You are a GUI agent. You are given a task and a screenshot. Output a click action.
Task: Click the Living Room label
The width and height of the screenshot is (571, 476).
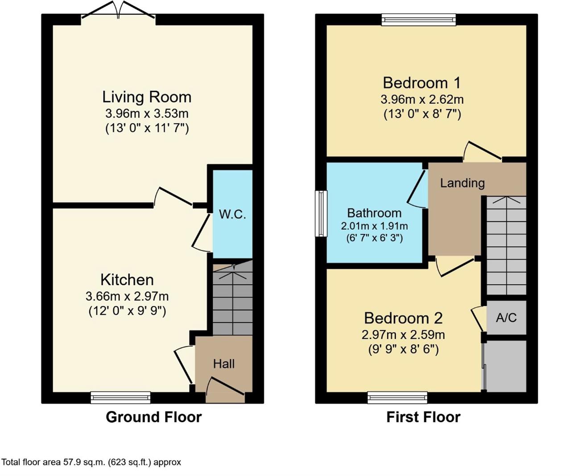pyautogui.click(x=147, y=97)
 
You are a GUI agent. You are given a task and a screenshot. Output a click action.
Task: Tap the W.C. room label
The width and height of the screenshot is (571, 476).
pyautogui.click(x=232, y=215)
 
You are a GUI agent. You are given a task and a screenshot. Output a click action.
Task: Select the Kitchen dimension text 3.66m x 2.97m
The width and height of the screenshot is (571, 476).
pyautogui.click(x=127, y=296)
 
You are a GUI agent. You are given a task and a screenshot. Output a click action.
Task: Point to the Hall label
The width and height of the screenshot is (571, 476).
pyautogui.click(x=224, y=364)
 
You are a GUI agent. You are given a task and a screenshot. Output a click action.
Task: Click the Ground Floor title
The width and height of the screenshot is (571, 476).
pyautogui.click(x=154, y=417)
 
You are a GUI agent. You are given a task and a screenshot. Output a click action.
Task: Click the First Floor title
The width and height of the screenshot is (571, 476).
pyautogui.click(x=424, y=417)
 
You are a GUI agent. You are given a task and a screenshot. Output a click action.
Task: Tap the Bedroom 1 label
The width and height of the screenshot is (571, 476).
pyautogui.click(x=422, y=83)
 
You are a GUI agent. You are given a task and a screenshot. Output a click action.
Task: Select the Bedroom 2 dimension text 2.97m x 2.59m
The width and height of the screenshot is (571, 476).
pyautogui.click(x=403, y=335)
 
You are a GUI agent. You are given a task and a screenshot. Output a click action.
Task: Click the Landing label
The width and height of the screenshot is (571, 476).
pyautogui.click(x=463, y=183)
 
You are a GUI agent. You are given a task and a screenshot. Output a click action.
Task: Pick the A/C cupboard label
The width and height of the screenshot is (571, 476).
pyautogui.click(x=506, y=317)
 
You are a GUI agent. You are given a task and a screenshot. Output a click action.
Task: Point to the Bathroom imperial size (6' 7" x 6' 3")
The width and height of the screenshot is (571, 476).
pyautogui.click(x=374, y=238)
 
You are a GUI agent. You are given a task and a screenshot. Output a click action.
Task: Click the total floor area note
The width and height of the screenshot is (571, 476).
pyautogui.click(x=91, y=462)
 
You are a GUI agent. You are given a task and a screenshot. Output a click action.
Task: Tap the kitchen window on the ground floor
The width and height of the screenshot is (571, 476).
pyautogui.click(x=120, y=398)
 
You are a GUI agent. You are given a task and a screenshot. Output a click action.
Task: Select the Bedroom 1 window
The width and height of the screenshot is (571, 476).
pyautogui.click(x=419, y=20)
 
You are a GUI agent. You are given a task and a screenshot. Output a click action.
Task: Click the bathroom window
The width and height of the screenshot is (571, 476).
pyautogui.click(x=321, y=213)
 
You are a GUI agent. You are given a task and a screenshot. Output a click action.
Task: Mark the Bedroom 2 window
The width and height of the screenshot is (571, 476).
pyautogui.click(x=397, y=398)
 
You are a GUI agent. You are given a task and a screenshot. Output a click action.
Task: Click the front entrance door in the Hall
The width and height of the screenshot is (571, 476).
pyautogui.click(x=225, y=389)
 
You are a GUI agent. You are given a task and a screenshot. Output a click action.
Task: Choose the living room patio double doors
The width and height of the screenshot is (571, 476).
pyautogui.click(x=118, y=10)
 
